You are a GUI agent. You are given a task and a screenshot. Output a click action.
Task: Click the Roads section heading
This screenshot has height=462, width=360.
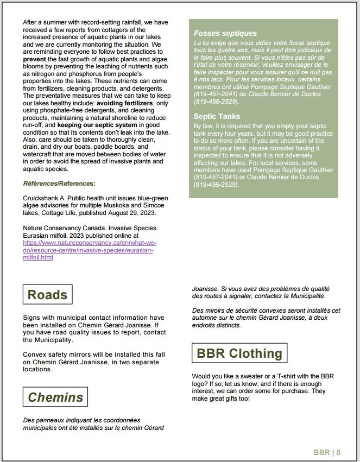(48, 295)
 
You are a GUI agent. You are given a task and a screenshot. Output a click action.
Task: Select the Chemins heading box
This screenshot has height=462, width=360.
(55, 397)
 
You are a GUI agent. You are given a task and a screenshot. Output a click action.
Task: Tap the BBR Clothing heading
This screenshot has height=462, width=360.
(239, 353)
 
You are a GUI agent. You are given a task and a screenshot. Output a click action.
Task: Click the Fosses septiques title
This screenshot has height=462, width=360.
(218, 33)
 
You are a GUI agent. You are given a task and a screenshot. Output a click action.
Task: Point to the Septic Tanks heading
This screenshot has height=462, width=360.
(217, 116)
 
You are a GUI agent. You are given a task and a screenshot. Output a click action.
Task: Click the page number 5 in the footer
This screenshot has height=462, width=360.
(338, 452)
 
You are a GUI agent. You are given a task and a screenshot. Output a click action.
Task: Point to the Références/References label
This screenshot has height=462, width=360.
(59, 183)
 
